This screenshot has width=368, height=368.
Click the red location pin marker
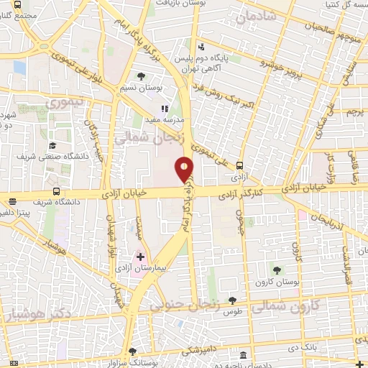coord(185,169)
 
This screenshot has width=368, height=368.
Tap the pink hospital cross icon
coord(140,257)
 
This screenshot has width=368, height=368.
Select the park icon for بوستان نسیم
coord(141,76)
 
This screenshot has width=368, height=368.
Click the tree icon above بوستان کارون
coord(277,270)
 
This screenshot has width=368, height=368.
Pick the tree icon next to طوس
coord(231,301)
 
